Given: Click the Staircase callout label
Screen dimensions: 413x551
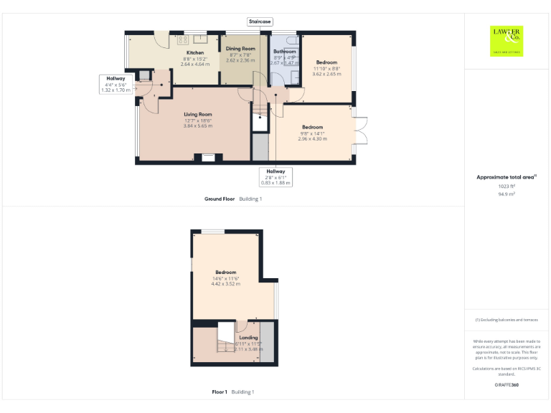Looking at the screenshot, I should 260,22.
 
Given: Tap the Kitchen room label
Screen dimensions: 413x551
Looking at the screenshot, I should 195,53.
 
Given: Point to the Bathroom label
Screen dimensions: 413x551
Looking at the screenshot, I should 285,52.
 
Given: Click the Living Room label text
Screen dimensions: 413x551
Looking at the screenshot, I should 198,114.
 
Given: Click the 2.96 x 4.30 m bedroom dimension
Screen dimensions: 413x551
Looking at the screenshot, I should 312,138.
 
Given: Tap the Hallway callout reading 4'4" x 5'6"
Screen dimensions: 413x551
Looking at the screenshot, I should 116,85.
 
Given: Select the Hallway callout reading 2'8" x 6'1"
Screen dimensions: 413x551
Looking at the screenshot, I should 275,177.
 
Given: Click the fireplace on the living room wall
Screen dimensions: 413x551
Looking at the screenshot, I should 208,158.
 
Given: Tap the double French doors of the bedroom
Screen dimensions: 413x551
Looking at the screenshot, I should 360,133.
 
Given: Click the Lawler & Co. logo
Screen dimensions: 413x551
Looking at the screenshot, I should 507,40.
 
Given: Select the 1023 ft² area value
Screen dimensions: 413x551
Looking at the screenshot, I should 507,186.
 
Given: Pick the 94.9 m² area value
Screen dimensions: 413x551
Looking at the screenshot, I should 507,194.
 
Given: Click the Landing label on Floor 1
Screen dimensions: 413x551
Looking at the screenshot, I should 248,337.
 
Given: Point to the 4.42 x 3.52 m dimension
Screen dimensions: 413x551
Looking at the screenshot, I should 226,284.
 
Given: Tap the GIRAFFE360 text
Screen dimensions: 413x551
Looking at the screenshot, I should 507,386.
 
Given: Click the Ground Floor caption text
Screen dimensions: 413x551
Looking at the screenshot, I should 220,199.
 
